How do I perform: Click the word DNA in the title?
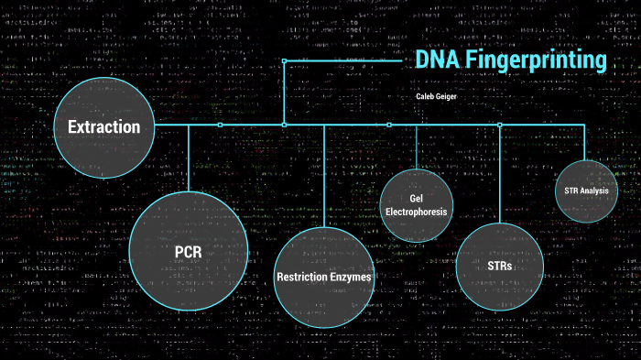[x=436, y=60]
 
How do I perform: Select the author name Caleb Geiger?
[x=435, y=95]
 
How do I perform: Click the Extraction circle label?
[x=103, y=127]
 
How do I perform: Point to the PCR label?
[x=188, y=250]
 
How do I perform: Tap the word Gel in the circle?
[x=416, y=198]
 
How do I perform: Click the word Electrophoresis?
[x=416, y=212]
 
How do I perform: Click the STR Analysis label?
[x=587, y=191]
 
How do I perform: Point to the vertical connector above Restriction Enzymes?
[x=324, y=174]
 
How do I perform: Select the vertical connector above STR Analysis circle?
[x=585, y=142]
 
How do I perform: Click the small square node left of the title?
[x=284, y=60]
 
